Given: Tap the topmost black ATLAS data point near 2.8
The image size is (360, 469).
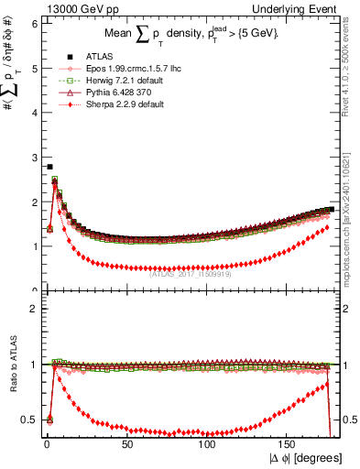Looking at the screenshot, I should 49,167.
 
